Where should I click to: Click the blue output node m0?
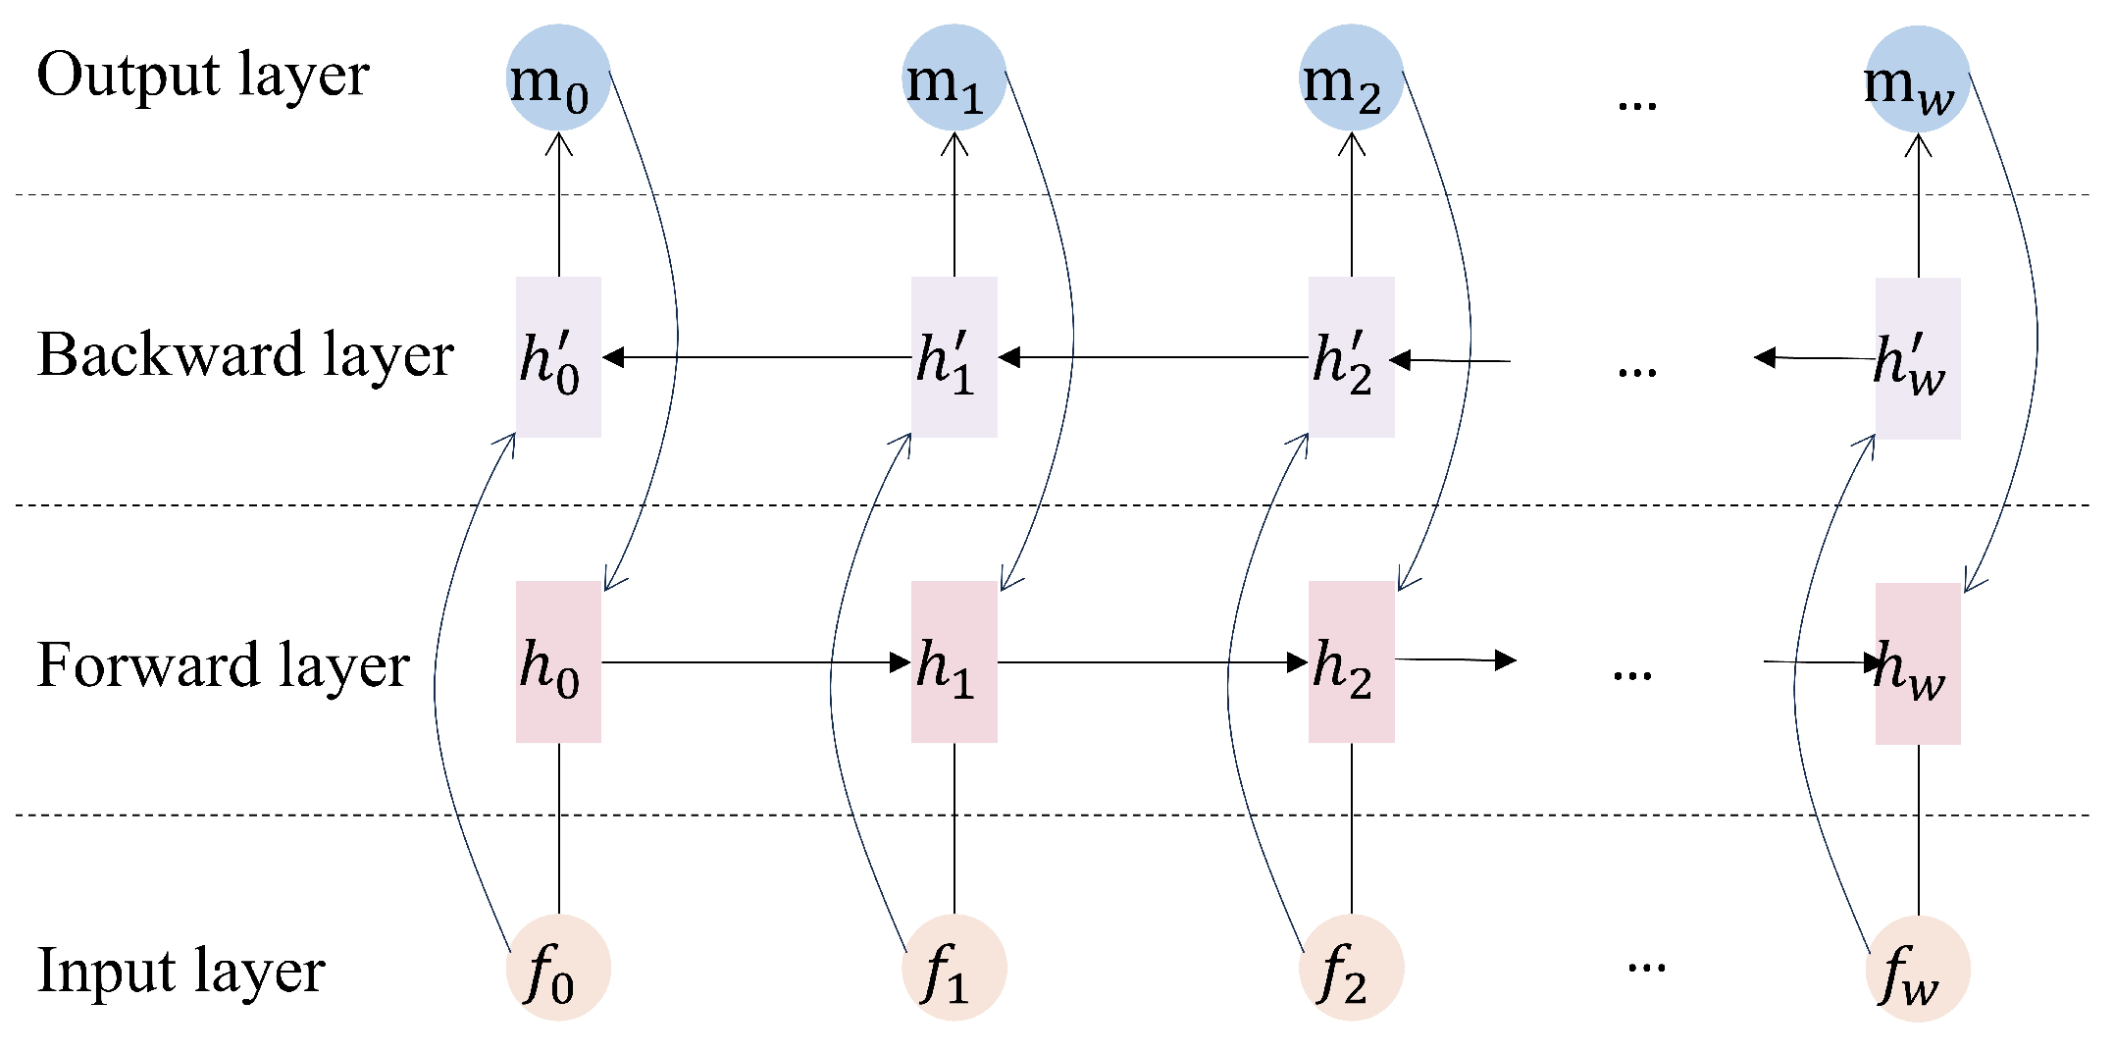coord(559,78)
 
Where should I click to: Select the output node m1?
coord(954,78)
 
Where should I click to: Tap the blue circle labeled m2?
coord(1352,78)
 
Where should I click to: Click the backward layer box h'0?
coord(558,357)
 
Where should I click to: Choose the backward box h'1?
coord(954,357)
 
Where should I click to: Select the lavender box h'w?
coord(1918,358)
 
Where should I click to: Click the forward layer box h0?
coord(558,662)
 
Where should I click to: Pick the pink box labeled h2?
coord(1352,662)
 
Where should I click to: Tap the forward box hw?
coord(1918,664)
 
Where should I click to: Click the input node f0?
coord(558,968)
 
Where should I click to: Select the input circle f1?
coord(954,968)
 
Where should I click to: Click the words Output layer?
coord(203,76)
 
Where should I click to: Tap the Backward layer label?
coord(245,355)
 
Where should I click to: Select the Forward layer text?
coord(223,665)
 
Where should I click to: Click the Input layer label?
coord(181,971)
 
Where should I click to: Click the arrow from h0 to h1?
coord(755,662)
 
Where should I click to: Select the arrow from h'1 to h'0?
coord(755,357)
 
